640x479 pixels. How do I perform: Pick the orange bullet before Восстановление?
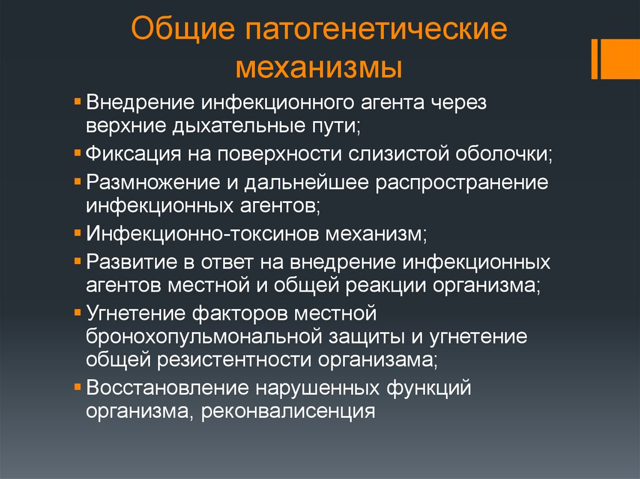pyautogui.click(x=77, y=387)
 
